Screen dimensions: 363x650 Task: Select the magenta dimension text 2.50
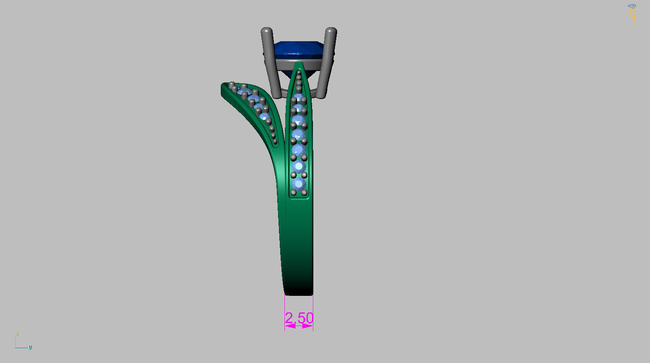pyautogui.click(x=299, y=318)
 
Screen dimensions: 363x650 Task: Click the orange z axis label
pyautogui.click(x=17, y=335)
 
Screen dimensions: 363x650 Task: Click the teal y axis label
pyautogui.click(x=30, y=347)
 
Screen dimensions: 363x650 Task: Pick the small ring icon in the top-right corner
pyautogui.click(x=632, y=11)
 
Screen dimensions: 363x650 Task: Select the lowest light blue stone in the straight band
pyautogui.click(x=298, y=184)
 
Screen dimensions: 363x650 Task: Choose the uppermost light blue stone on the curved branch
pyautogui.click(x=244, y=92)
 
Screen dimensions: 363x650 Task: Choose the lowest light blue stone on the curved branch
pyautogui.click(x=265, y=116)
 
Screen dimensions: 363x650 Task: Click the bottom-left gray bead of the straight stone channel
pyautogui.click(x=293, y=193)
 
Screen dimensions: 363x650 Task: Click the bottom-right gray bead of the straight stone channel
pyautogui.click(x=304, y=193)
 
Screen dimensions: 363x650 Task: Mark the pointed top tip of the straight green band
pyautogui.click(x=299, y=63)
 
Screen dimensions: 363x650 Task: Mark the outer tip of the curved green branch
pyautogui.click(x=223, y=88)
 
